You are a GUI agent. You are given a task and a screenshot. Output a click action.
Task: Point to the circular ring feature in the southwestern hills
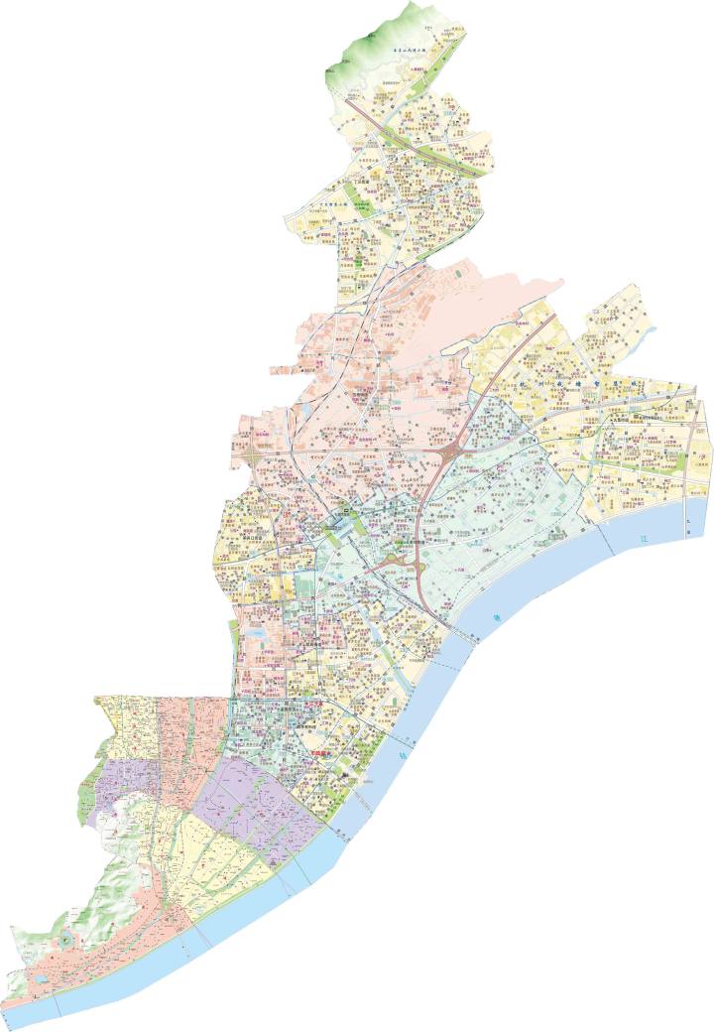point(64,938)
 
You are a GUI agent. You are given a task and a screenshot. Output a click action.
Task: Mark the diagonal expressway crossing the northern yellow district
point(416,139)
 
